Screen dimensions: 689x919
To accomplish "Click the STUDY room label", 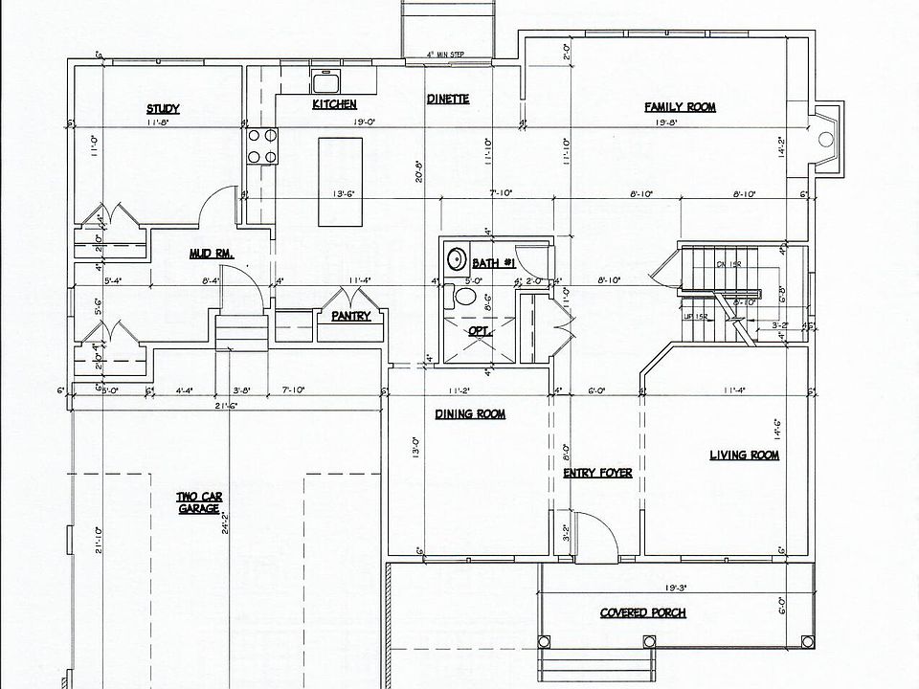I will (x=163, y=109).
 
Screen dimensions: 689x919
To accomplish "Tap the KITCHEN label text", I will (x=334, y=103).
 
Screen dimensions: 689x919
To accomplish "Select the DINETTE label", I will (x=447, y=99).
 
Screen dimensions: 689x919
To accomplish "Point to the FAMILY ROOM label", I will (x=680, y=107).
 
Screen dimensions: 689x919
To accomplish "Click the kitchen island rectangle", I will (x=341, y=181).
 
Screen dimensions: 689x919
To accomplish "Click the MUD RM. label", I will (x=212, y=254).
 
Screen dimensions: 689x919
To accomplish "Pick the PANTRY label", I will (x=350, y=316).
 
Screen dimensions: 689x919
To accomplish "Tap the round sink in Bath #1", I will (x=457, y=259).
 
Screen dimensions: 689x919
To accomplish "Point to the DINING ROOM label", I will (x=470, y=414).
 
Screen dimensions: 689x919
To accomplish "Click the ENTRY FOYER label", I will (x=597, y=473).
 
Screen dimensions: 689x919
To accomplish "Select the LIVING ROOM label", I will (x=744, y=456).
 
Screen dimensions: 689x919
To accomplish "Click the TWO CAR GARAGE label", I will (x=199, y=502).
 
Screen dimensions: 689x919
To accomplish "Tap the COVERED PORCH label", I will (x=642, y=613).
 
